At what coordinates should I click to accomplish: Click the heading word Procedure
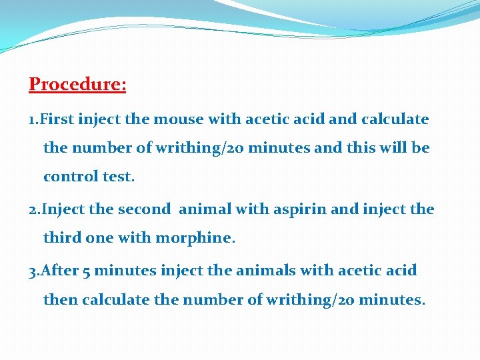coord(77,85)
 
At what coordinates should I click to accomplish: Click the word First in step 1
coord(57,119)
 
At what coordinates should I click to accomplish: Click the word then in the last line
coord(61,300)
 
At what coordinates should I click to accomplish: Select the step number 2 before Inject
coord(33,209)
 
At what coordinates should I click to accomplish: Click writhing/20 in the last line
coord(309,300)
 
